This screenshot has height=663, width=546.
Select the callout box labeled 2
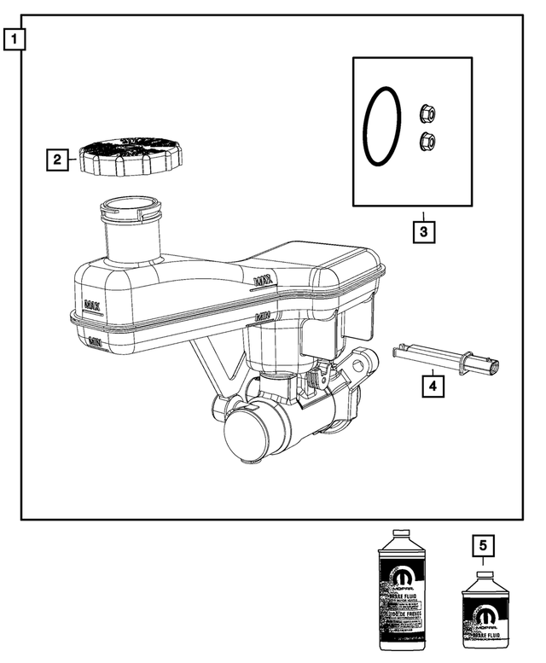(58, 159)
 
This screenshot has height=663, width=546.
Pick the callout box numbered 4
(433, 387)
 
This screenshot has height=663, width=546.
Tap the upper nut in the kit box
(427, 113)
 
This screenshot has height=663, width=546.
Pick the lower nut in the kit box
(428, 142)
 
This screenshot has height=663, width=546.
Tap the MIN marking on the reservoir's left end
(96, 341)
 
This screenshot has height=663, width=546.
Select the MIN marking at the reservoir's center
(264, 317)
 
